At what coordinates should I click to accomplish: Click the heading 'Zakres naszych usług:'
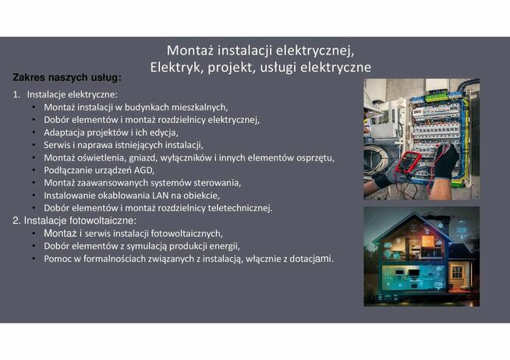pos(67,78)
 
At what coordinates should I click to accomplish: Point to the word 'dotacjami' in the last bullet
pos(311,258)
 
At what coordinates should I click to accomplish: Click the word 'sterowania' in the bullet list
pos(218,182)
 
